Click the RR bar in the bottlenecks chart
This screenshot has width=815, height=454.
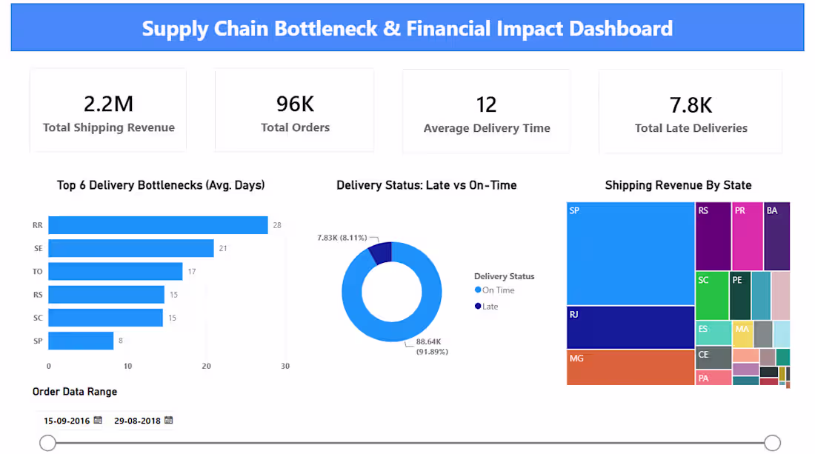[158, 225]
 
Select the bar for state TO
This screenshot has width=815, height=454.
[116, 271]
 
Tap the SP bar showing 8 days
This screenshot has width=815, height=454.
[81, 341]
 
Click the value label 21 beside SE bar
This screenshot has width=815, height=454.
[223, 248]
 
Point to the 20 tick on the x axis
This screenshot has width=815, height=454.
[207, 366]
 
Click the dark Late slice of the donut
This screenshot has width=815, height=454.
[381, 253]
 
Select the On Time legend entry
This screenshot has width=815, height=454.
[494, 290]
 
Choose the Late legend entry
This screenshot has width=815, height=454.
[486, 307]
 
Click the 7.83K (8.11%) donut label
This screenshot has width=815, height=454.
[342, 238]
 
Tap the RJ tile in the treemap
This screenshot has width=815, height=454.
[631, 327]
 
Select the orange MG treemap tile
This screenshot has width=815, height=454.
[631, 367]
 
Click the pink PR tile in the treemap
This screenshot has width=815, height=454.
[748, 236]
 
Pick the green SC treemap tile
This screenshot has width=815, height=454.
[712, 296]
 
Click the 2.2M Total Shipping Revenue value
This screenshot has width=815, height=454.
[109, 104]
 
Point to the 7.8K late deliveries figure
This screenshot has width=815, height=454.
[691, 105]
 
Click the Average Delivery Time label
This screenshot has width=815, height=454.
[487, 128]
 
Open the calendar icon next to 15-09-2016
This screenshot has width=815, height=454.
[98, 420]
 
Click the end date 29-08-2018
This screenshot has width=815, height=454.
[137, 421]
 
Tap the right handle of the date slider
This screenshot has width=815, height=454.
[772, 443]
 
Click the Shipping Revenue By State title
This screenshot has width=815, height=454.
[678, 185]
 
